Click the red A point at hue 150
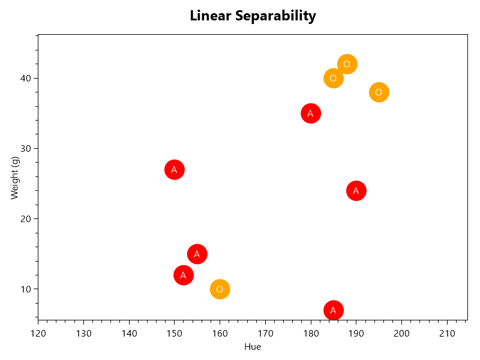(174, 170)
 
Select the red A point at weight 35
(310, 113)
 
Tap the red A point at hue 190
(356, 191)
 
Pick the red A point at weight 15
(197, 254)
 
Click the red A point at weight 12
(183, 275)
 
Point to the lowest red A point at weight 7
(333, 310)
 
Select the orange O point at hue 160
(220, 289)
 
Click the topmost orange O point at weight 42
(347, 64)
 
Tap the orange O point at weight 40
(333, 78)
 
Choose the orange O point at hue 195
(379, 92)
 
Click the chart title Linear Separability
(253, 16)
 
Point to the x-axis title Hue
(253, 347)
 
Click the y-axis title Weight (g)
(15, 178)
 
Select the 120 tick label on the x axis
(38, 333)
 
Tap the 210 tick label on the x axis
(446, 333)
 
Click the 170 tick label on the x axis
(265, 333)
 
